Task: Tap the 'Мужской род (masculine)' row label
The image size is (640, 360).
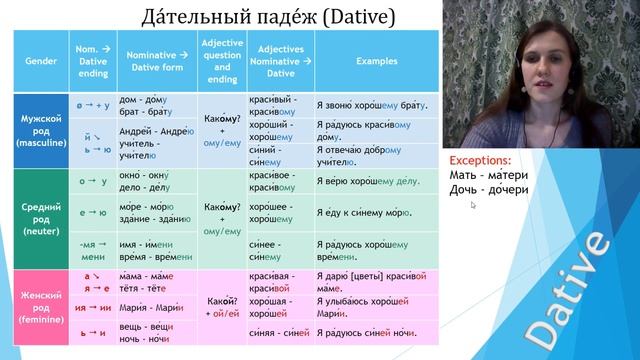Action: click(39, 131)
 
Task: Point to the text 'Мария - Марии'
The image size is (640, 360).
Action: click(149, 307)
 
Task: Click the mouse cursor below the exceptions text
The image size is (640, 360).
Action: click(473, 205)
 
